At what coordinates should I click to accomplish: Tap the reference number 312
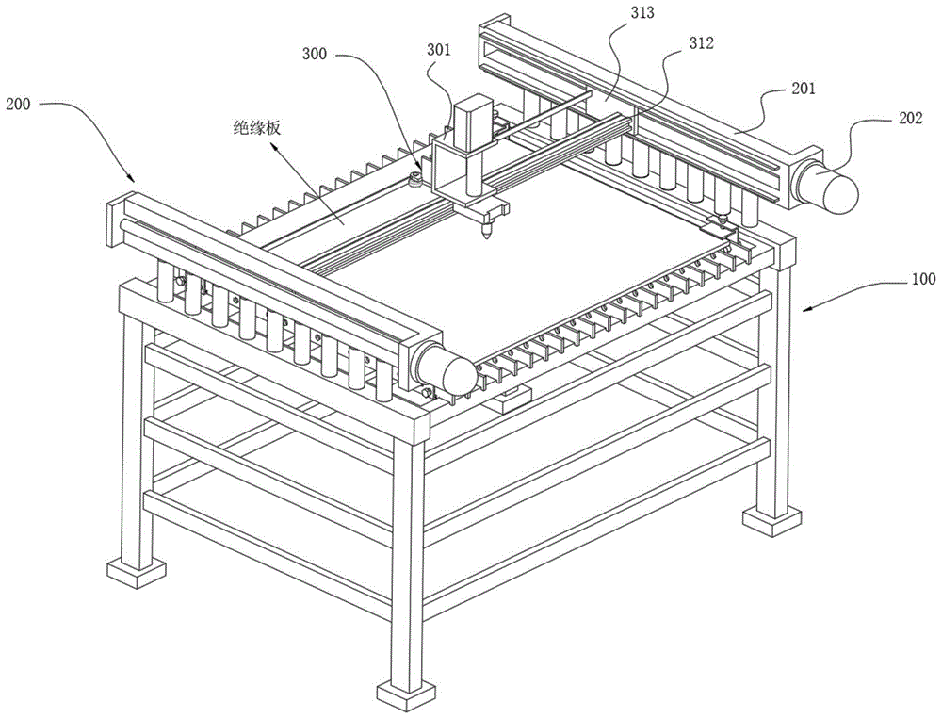point(700,42)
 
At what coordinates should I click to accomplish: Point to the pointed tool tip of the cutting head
point(487,237)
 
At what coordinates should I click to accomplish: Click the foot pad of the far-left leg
point(136,571)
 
